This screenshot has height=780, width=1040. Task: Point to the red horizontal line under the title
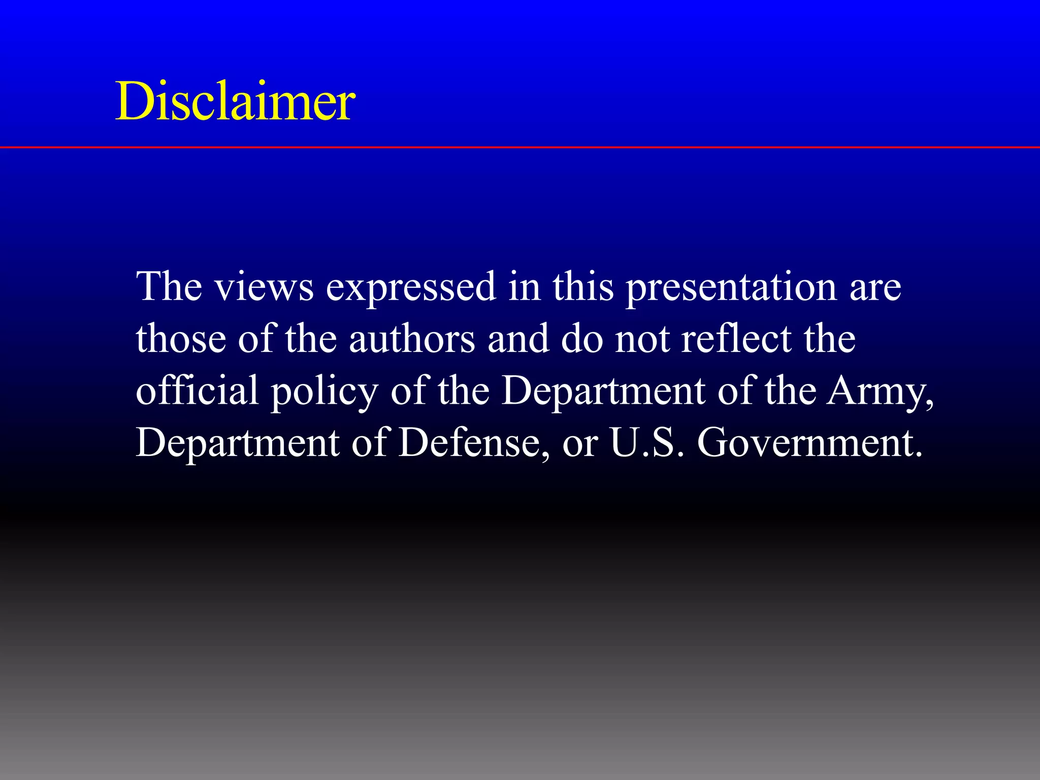(x=520, y=147)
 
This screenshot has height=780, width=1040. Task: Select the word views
(x=264, y=287)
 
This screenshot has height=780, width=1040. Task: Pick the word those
(x=181, y=339)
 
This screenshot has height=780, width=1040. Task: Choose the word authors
(x=412, y=339)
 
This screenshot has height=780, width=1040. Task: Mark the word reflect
(x=736, y=339)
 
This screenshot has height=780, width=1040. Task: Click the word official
(x=197, y=391)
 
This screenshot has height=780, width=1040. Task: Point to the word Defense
(x=473, y=442)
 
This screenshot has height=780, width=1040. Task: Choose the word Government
(x=809, y=442)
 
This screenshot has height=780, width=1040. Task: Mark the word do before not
(x=582, y=339)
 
